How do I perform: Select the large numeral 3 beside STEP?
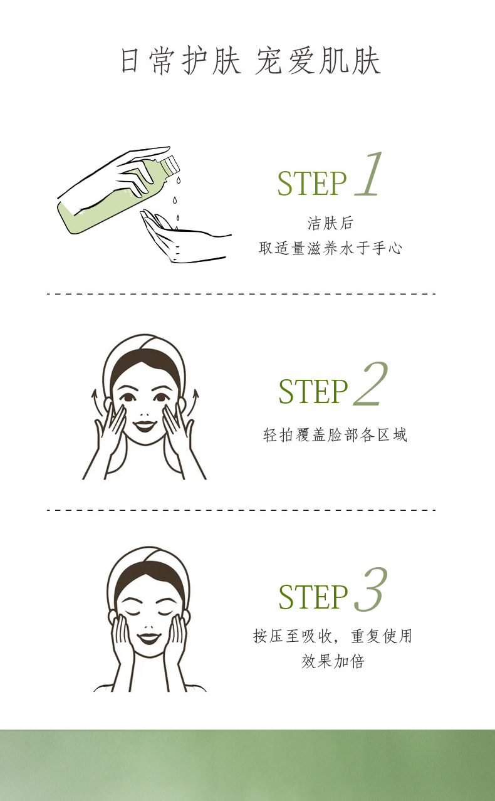tap(371, 589)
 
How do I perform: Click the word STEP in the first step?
tap(312, 184)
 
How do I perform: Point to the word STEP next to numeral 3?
tap(313, 597)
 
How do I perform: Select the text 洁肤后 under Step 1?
tap(330, 223)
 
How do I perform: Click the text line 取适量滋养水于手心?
tap(330, 248)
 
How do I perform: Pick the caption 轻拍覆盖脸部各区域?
tap(335, 435)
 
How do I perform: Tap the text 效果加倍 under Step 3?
tap(333, 661)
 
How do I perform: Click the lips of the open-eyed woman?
tap(145, 426)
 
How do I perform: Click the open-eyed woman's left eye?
tap(127, 397)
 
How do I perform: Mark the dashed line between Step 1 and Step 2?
tap(241, 294)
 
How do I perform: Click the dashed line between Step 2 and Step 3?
tap(241, 510)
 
